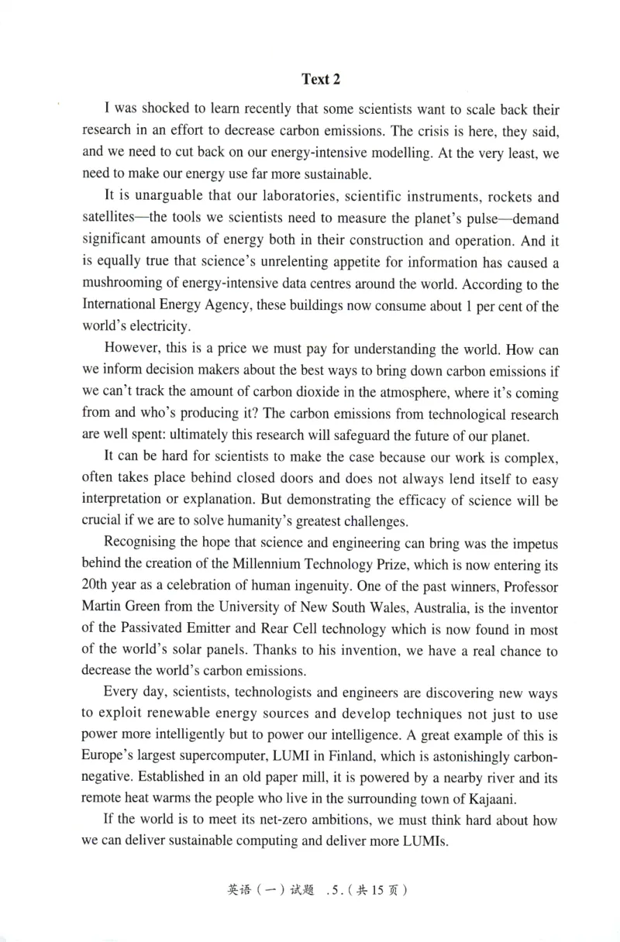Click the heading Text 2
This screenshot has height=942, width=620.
[x=321, y=79]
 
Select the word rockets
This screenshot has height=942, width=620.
[x=492, y=198]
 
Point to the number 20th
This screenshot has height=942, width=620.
[x=96, y=587]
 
